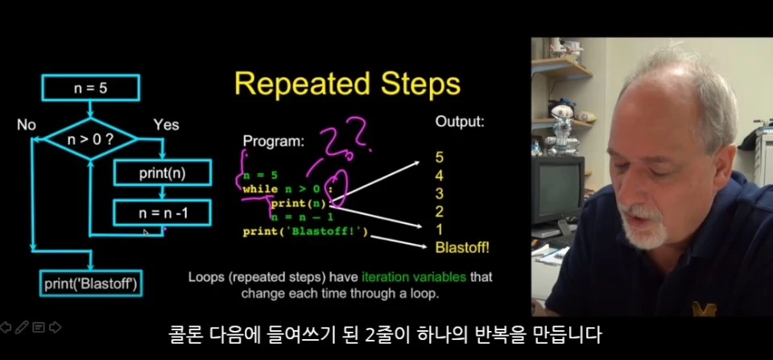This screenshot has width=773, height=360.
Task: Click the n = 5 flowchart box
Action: pyautogui.click(x=91, y=88)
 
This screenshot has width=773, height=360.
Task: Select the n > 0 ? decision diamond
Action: pyautogui.click(x=91, y=139)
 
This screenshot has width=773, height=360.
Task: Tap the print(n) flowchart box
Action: pyautogui.click(x=163, y=172)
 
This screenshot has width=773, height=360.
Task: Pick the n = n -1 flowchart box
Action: pyautogui.click(x=163, y=213)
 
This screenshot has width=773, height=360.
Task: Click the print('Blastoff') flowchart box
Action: pyautogui.click(x=91, y=283)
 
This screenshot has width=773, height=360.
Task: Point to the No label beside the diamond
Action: pyautogui.click(x=26, y=126)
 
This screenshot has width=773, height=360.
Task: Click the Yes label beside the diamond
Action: pyautogui.click(x=166, y=126)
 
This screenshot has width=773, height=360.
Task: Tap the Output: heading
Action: pyautogui.click(x=460, y=122)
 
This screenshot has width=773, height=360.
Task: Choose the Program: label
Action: pyautogui.click(x=274, y=142)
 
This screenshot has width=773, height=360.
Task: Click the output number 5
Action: pyautogui.click(x=440, y=157)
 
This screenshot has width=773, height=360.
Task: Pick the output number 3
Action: pyautogui.click(x=440, y=193)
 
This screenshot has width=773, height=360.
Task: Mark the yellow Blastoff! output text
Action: pyautogui.click(x=462, y=247)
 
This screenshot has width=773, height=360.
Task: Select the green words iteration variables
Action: pyautogui.click(x=414, y=277)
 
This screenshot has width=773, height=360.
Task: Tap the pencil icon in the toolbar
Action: pyautogui.click(x=22, y=328)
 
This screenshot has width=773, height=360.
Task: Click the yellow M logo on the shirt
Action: pyautogui.click(x=704, y=308)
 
